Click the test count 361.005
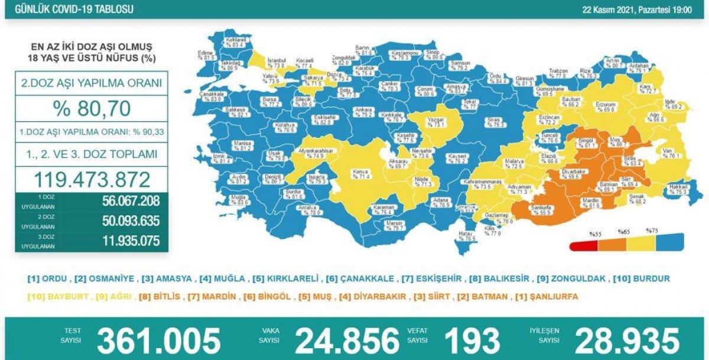click(x=158, y=340)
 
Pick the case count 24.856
click(x=347, y=340)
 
